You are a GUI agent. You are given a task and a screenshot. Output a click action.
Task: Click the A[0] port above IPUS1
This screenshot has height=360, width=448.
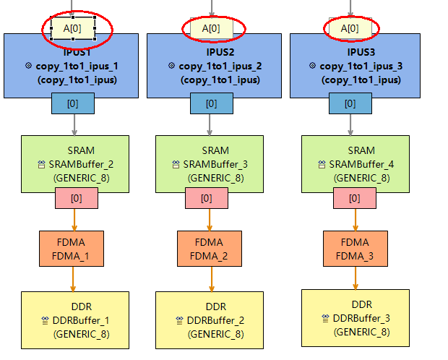pos(73,27)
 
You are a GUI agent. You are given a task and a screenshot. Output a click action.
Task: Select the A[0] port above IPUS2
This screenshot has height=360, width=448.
pos(211,28)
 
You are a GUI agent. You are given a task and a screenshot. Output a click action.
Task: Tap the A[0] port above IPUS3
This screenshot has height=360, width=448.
pos(350,28)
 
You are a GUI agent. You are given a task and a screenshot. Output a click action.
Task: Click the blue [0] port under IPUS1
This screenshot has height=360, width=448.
pos(73,103)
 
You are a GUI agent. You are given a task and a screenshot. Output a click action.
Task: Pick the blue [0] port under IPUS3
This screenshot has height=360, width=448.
pos(350,103)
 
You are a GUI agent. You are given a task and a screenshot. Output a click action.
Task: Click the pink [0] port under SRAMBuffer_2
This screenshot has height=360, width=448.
pos(77,197)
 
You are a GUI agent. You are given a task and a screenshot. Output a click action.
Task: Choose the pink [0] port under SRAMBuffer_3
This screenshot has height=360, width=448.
pos(207,197)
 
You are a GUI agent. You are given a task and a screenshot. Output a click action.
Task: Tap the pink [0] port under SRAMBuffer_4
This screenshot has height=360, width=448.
pos(354,197)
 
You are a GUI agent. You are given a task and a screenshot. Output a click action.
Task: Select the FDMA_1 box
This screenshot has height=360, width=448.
pos(72,249)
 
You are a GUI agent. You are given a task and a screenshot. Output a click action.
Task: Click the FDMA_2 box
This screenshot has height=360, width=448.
pos(210,249)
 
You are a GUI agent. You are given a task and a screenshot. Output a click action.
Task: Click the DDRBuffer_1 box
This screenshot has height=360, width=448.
pos(74,320)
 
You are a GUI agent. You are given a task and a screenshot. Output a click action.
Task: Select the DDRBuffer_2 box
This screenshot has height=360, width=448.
pos(210,320)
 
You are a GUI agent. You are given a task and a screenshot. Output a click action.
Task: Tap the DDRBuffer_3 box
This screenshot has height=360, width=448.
pos(355,317)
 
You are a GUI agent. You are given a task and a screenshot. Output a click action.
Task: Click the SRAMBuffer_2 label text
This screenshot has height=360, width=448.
pos(84,164)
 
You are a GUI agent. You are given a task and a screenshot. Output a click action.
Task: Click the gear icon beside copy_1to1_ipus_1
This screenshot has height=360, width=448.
pos(29,66)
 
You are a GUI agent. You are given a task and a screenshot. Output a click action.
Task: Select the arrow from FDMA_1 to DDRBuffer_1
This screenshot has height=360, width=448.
pos(73,280)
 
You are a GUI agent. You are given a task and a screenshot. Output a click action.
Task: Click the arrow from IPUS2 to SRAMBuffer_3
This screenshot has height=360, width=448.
pos(211,124)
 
